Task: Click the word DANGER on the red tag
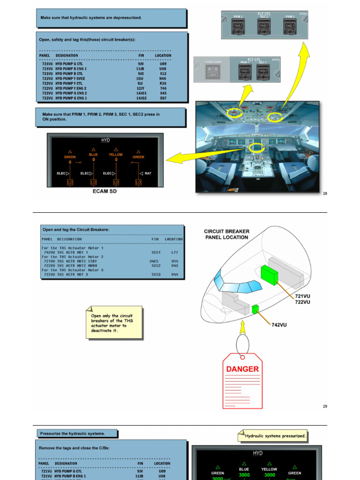(x=242, y=369)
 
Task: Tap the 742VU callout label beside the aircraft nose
(x=279, y=324)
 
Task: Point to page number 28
(x=325, y=193)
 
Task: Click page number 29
(x=325, y=406)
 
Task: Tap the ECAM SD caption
(x=105, y=192)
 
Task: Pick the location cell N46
(x=163, y=78)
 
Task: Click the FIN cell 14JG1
(x=141, y=93)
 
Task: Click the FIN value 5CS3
(x=156, y=274)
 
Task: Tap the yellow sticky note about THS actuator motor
(x=114, y=322)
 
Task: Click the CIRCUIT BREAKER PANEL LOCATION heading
(x=227, y=234)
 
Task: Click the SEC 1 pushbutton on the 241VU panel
(x=263, y=72)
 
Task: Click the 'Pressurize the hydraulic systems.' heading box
(x=77, y=433)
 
